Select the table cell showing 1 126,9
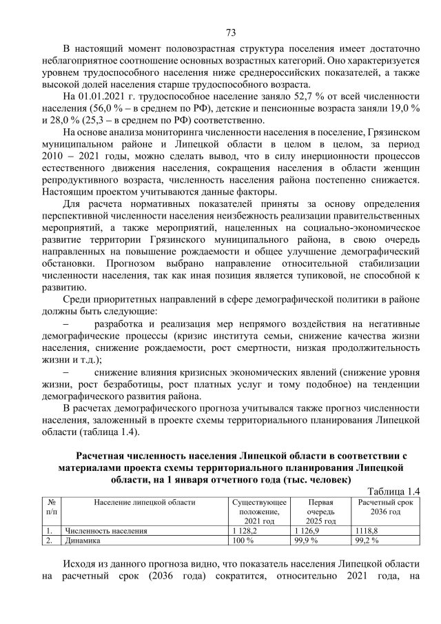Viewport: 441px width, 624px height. pos(306,532)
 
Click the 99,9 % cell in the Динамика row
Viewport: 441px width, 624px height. pos(306,541)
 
